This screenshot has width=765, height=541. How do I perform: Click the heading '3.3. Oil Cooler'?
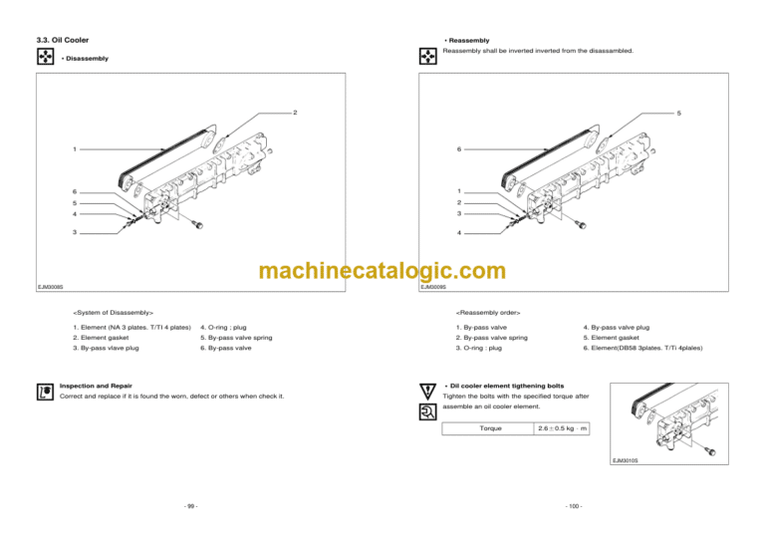(63, 40)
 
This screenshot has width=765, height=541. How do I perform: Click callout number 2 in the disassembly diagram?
(295, 113)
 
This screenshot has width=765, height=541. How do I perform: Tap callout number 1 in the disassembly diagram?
(75, 149)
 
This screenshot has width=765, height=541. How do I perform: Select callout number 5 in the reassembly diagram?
(678, 114)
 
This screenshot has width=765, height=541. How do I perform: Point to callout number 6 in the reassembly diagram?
(458, 149)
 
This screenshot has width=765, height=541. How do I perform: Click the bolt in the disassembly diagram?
(197, 224)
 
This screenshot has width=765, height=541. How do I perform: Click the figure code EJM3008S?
(51, 287)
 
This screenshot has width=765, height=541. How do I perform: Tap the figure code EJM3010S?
(625, 460)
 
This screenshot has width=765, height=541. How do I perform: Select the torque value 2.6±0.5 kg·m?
(562, 428)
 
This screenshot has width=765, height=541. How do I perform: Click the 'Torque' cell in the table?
(490, 428)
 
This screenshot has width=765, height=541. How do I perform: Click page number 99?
(191, 506)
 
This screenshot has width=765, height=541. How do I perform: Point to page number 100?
(574, 506)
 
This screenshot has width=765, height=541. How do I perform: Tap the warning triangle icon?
(427, 392)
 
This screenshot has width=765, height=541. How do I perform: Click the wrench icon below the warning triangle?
(427, 412)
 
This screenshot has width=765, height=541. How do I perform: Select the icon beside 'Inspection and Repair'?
(45, 392)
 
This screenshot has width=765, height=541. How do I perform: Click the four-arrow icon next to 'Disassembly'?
(46, 56)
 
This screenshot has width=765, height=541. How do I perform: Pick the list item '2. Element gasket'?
(101, 338)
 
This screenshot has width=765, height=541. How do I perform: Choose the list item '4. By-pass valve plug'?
(617, 328)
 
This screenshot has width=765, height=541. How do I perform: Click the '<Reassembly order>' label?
(488, 313)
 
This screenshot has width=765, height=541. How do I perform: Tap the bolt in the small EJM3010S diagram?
(711, 451)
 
